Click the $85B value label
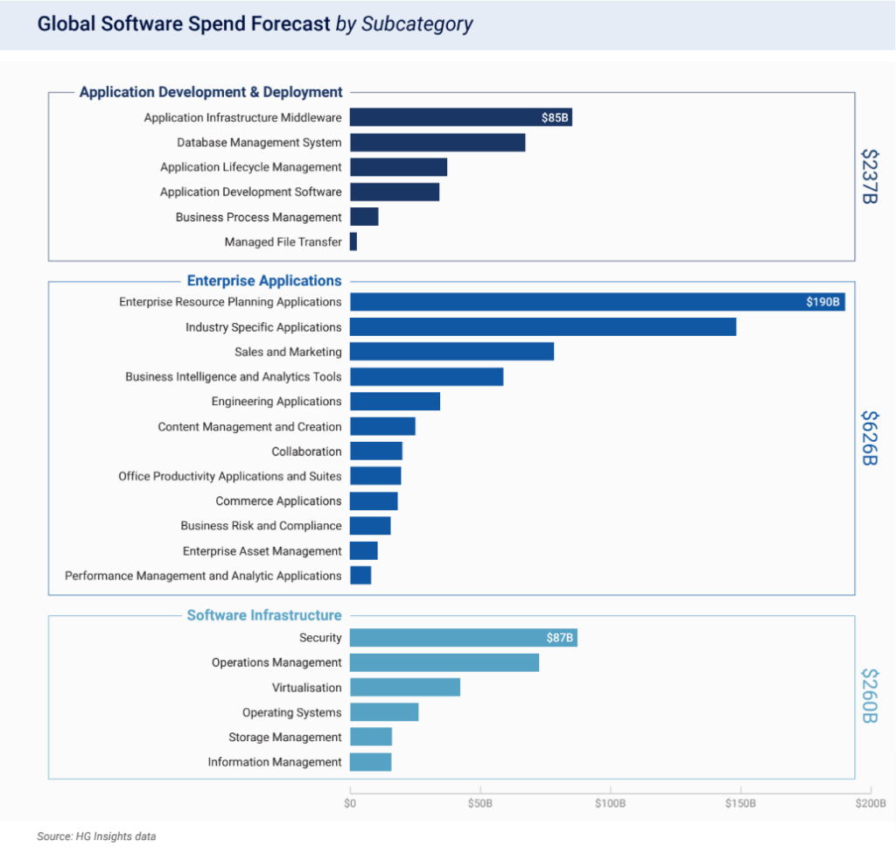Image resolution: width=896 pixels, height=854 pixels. [x=555, y=117]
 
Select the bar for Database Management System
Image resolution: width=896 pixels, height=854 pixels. [x=437, y=143]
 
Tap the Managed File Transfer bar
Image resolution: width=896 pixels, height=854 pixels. [x=353, y=241]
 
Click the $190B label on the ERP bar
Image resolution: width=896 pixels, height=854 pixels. [x=823, y=302]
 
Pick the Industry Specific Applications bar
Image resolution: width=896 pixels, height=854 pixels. [x=542, y=327]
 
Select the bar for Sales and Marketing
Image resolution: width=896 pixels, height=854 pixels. [x=451, y=352]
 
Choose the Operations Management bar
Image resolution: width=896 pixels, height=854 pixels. [x=444, y=662]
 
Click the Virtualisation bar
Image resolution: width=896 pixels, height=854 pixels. [x=405, y=687]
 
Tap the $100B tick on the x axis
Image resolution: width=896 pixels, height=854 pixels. [x=610, y=802]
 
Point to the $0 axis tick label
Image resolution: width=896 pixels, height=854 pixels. [x=350, y=802]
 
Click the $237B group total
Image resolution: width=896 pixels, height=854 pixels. [x=869, y=176]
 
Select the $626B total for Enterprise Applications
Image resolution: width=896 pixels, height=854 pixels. [x=869, y=437]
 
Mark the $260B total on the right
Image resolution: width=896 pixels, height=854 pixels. [x=869, y=696]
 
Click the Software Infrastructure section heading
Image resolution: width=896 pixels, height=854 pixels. [x=264, y=615]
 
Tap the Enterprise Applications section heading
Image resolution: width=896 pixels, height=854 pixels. [x=264, y=281]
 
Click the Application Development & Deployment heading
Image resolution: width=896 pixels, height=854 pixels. [x=211, y=92]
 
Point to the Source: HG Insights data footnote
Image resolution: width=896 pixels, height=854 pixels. [x=96, y=836]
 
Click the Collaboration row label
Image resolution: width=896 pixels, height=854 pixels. [x=306, y=451]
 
